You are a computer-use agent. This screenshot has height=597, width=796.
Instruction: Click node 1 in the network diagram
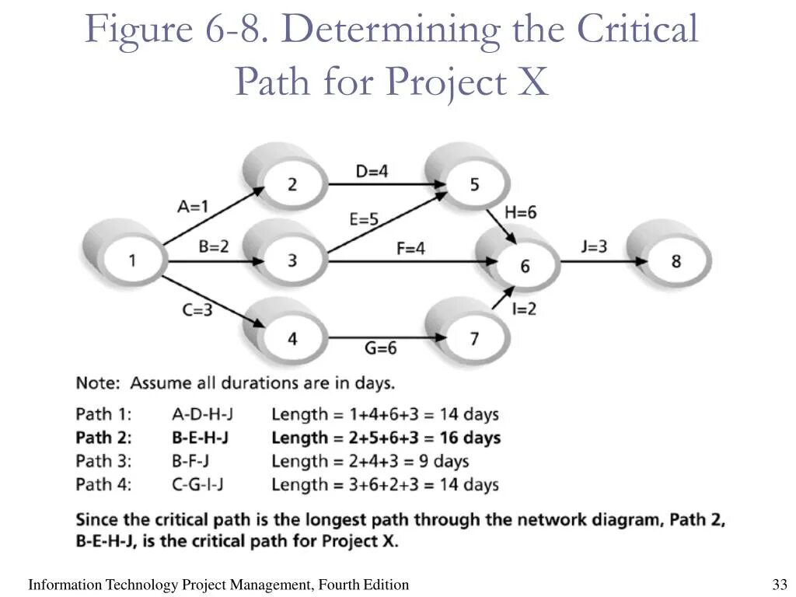[x=132, y=260]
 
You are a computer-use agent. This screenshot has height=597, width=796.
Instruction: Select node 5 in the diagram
[x=474, y=184]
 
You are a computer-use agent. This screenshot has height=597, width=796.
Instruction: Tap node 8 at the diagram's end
[x=676, y=260]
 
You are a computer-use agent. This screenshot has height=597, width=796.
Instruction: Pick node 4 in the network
[x=292, y=338]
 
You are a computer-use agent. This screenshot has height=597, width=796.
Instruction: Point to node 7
[x=474, y=338]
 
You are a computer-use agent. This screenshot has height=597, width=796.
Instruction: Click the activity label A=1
[x=194, y=206]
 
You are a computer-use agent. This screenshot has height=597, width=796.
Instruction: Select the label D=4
[x=372, y=171]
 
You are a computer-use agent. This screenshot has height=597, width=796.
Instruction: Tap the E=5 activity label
[x=364, y=219]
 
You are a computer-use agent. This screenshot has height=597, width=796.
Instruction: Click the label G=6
[x=380, y=347]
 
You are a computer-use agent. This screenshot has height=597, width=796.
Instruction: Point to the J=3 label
[x=594, y=246]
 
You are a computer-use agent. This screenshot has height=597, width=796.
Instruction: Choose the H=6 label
[x=520, y=212]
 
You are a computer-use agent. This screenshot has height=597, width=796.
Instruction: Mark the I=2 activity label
[x=524, y=309]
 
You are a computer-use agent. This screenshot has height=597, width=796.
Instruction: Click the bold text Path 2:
[x=103, y=438]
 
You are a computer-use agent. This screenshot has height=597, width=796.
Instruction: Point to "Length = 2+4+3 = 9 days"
[x=370, y=461]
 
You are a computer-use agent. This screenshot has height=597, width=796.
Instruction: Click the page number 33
[x=780, y=585]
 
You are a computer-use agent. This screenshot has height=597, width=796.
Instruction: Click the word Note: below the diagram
[x=98, y=383]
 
